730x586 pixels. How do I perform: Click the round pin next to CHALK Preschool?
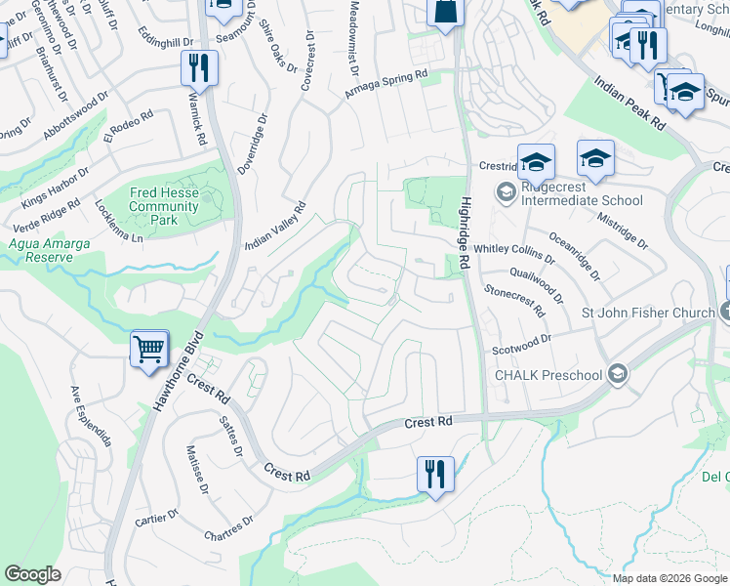(x=617, y=374)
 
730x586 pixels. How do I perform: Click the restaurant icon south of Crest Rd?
(x=434, y=474)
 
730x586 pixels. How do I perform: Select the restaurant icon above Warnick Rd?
(x=198, y=68)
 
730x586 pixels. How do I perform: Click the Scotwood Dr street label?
(x=521, y=340)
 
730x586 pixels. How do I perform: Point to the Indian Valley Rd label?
(x=275, y=227)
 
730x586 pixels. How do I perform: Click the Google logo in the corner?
(x=33, y=574)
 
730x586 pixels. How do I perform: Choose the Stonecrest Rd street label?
(x=514, y=299)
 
